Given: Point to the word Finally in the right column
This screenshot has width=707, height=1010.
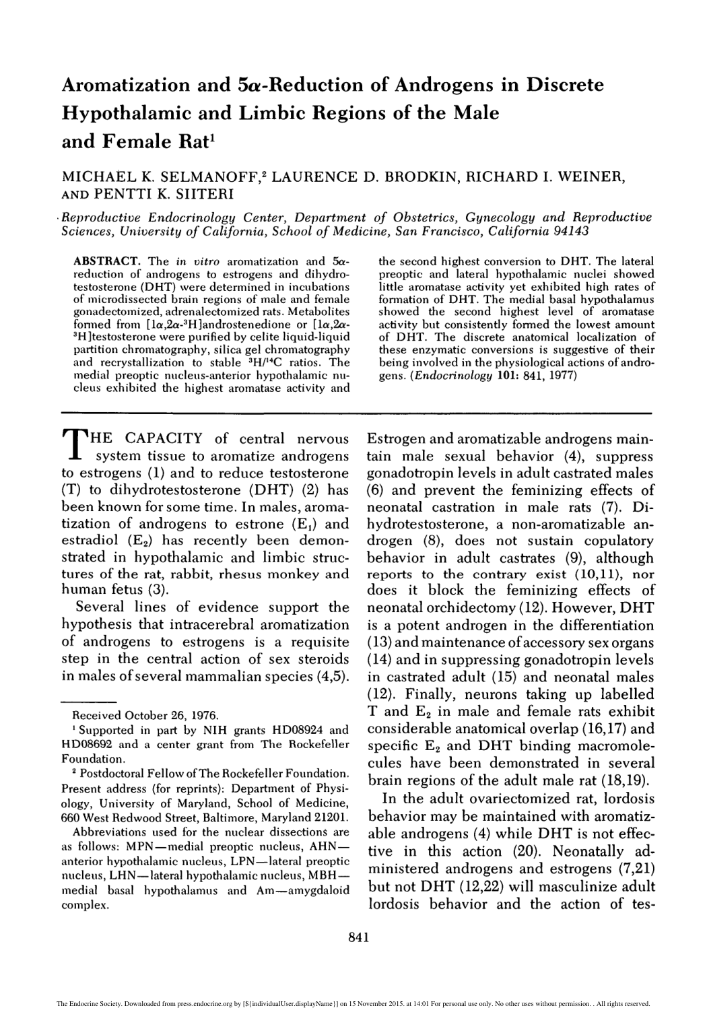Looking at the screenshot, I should tap(427, 694).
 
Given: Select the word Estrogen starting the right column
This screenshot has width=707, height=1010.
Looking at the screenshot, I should tap(397, 440).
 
